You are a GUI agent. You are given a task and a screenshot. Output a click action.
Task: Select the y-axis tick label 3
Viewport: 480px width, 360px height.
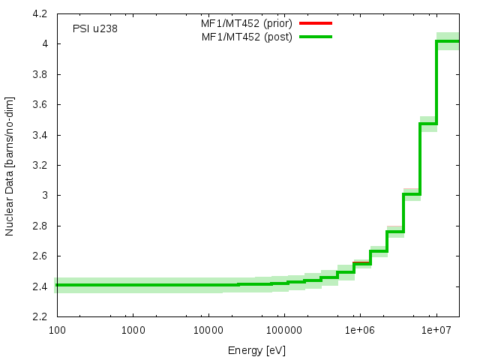click(45, 196)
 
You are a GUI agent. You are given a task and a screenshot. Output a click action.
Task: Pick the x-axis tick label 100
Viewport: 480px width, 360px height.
click(56, 330)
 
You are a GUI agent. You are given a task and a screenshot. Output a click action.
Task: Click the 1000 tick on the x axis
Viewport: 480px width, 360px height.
click(133, 330)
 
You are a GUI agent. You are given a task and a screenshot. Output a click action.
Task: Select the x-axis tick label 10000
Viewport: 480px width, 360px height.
click(208, 330)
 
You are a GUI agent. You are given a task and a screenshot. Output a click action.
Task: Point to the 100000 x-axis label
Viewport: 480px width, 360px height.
click(283, 330)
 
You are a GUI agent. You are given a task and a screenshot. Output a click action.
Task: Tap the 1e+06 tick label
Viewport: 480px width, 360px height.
click(360, 330)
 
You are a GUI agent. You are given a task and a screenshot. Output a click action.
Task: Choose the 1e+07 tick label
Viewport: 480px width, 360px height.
click(436, 330)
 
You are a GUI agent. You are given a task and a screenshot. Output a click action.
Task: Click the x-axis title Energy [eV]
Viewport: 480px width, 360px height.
click(256, 350)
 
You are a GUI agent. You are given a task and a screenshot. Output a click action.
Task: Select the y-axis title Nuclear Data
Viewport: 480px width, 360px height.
click(10, 166)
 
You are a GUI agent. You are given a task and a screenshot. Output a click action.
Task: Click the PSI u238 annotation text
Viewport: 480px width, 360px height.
click(95, 29)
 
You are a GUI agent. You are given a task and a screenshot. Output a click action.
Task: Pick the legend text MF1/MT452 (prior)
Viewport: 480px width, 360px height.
click(247, 23)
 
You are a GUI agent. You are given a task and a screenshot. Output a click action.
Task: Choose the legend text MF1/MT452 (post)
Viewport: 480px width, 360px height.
click(247, 36)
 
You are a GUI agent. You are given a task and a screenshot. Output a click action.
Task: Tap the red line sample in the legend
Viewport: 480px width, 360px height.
click(315, 23)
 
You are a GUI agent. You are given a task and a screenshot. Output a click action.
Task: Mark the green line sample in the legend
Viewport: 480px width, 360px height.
click(315, 36)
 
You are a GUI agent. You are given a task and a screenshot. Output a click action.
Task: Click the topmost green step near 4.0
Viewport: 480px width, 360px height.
click(448, 41)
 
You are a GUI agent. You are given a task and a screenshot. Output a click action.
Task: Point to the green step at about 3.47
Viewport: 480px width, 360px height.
click(428, 124)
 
